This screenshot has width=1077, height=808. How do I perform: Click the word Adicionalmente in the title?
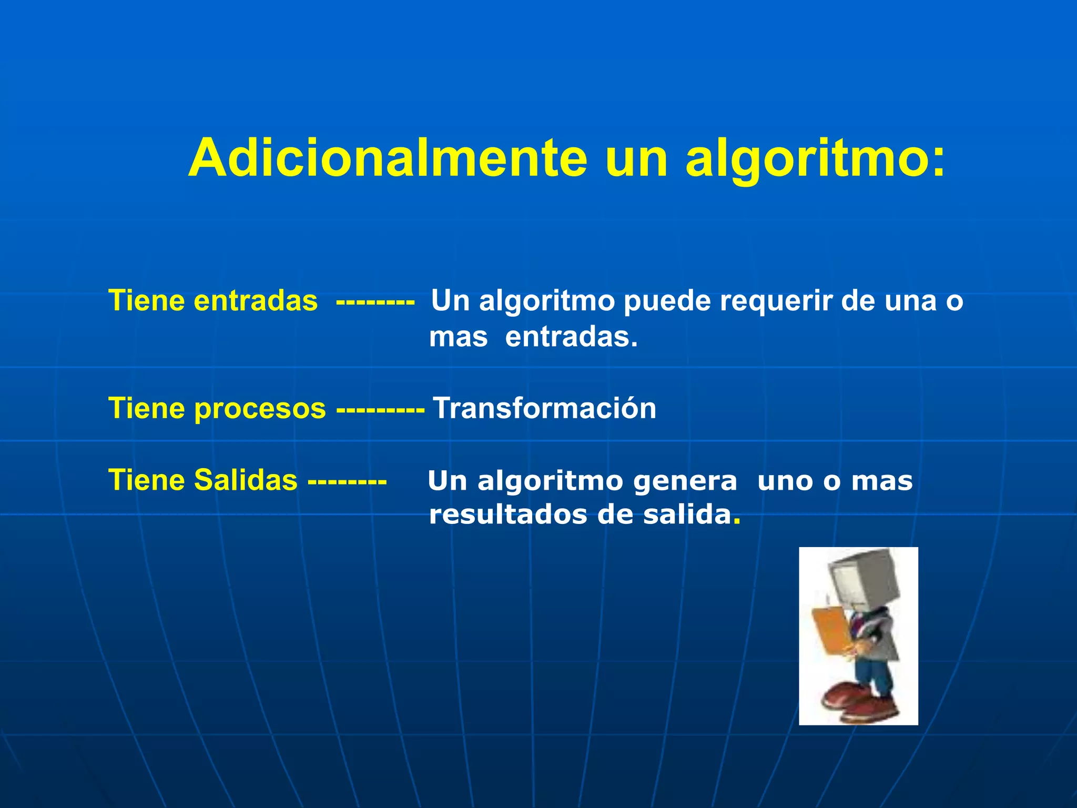tap(387, 158)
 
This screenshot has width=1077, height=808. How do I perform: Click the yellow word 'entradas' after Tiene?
tap(256, 301)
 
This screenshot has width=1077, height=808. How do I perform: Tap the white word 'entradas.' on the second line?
tap(571, 338)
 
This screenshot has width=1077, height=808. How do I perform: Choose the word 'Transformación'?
tap(544, 409)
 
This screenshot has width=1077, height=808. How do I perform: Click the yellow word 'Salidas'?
tap(246, 480)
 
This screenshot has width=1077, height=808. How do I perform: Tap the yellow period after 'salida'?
tap(737, 521)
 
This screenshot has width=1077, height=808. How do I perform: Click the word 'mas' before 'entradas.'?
tap(458, 338)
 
